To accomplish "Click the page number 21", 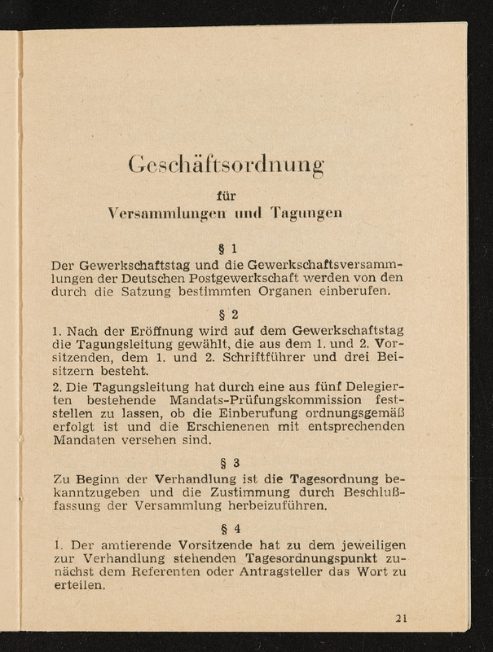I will click(x=401, y=617).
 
